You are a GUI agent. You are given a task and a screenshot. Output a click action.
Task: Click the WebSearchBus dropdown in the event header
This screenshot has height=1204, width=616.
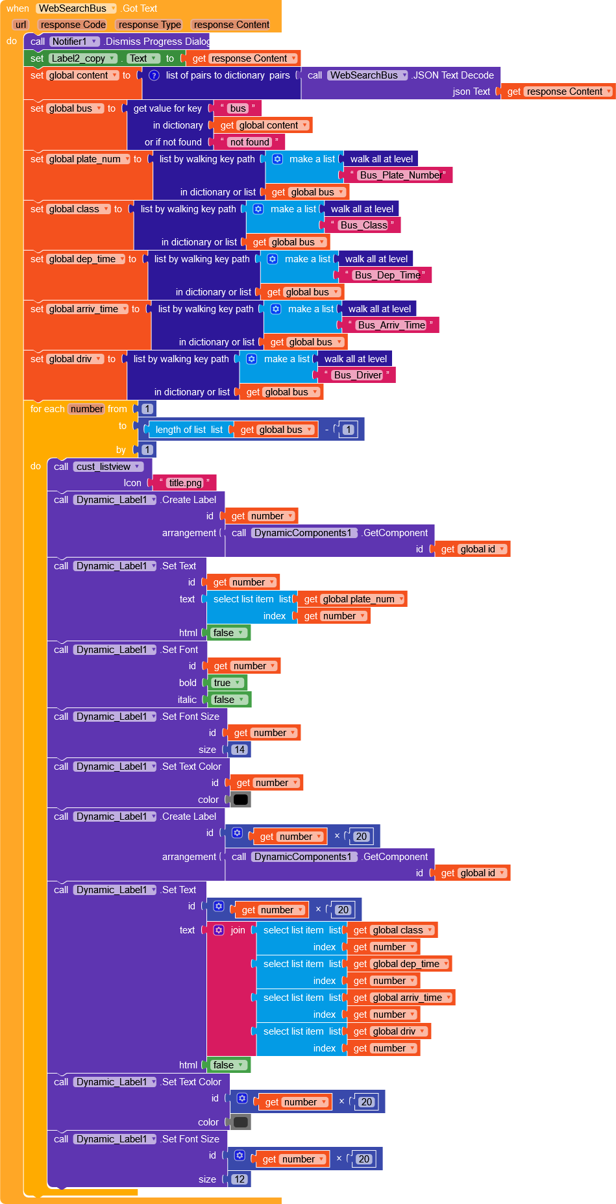coord(76,8)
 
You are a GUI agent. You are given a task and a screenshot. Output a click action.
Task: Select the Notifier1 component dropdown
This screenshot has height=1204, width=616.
coord(75,42)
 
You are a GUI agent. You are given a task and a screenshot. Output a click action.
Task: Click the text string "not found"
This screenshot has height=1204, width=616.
coord(249,142)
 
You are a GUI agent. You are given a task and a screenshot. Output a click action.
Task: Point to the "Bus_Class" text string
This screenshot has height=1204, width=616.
coord(363,225)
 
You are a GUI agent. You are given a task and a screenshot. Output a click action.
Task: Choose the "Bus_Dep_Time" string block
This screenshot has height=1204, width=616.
coord(387,275)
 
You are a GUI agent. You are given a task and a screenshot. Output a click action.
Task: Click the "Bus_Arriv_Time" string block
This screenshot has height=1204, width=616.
coord(391,325)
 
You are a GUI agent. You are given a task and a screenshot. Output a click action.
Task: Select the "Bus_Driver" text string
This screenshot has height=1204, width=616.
coord(358,375)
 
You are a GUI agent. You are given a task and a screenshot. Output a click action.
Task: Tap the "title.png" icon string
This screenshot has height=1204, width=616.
coord(185,483)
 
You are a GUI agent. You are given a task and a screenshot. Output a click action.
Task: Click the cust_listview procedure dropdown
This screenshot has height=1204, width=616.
coord(108,467)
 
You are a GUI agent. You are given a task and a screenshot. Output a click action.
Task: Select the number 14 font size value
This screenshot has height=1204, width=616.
coord(240,750)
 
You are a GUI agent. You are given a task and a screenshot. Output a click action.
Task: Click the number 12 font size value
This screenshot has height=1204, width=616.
coord(240,1179)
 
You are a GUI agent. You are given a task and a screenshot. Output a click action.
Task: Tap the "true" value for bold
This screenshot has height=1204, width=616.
coord(227,683)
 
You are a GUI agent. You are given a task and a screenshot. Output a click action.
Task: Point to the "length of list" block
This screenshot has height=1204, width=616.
coord(180,430)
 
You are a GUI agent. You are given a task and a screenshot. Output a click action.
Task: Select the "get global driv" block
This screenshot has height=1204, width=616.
coord(389,1031)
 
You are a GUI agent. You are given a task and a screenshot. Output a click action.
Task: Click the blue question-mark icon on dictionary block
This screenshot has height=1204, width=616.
coord(154,75)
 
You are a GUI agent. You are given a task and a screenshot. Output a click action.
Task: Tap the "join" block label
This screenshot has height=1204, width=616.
coord(238,930)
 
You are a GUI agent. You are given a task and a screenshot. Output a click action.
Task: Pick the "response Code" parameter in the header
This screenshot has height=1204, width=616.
coord(73,25)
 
